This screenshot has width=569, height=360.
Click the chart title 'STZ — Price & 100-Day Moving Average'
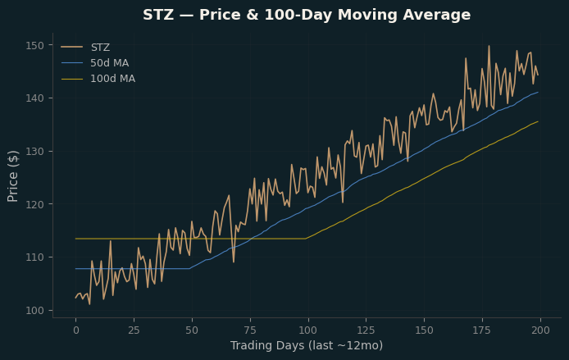(x=307, y=16)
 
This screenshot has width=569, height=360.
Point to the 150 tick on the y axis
(x=34, y=45)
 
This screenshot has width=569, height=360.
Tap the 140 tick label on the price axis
(x=34, y=98)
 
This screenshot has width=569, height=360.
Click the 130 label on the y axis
(x=34, y=152)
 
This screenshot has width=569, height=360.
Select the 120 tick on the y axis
(x=34, y=204)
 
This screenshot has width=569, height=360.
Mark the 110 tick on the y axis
(x=34, y=257)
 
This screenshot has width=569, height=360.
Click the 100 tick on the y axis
(x=34, y=311)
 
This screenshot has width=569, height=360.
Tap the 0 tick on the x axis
(x=76, y=330)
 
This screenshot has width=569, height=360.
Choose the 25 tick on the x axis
(x=134, y=330)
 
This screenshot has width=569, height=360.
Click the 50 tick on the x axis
(x=192, y=330)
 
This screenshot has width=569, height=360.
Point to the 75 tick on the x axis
(x=250, y=330)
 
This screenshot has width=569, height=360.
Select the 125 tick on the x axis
(x=366, y=330)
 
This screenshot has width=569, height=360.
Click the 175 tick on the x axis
(x=482, y=330)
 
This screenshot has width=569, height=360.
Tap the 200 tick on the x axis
(x=540, y=330)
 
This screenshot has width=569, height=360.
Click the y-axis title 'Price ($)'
(x=12, y=176)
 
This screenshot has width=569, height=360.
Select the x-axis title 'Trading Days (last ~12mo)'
(x=307, y=345)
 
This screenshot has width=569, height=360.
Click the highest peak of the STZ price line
(x=489, y=46)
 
